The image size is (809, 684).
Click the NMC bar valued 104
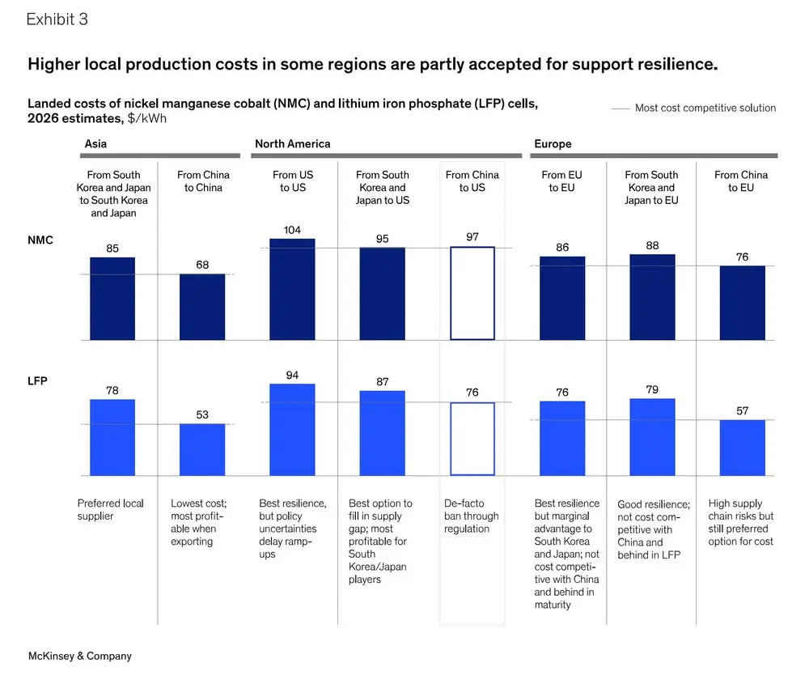[x=292, y=289]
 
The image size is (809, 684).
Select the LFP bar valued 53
[x=202, y=449]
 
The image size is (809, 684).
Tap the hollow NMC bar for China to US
[x=472, y=293]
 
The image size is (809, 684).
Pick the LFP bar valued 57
[x=742, y=448]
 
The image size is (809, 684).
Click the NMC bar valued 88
[x=652, y=297]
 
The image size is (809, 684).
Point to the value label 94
[x=292, y=375]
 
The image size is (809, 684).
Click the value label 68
[x=202, y=266]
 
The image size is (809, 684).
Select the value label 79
[x=652, y=389]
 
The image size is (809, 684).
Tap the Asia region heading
[x=96, y=144]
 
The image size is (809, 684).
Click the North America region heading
[x=292, y=144]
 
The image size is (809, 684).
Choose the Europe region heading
[x=553, y=144]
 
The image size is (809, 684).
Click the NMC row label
[x=40, y=240]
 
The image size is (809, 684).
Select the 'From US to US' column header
[x=292, y=181]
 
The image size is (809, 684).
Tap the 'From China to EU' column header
[x=742, y=181]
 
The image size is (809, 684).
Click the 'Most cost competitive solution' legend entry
[x=705, y=108]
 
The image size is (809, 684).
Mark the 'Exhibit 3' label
[x=57, y=20]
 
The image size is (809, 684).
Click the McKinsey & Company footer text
[x=79, y=656]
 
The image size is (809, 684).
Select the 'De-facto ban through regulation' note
[x=472, y=516]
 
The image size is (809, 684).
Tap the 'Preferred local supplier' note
[x=111, y=509]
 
